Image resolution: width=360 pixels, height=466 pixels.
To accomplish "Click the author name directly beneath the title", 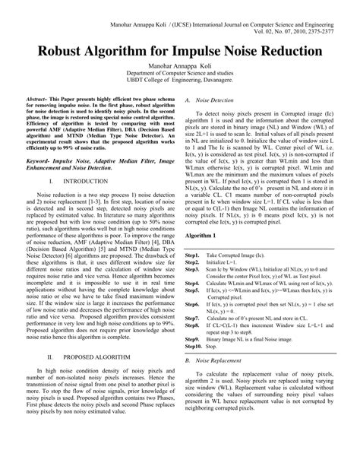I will pos(179,67).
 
